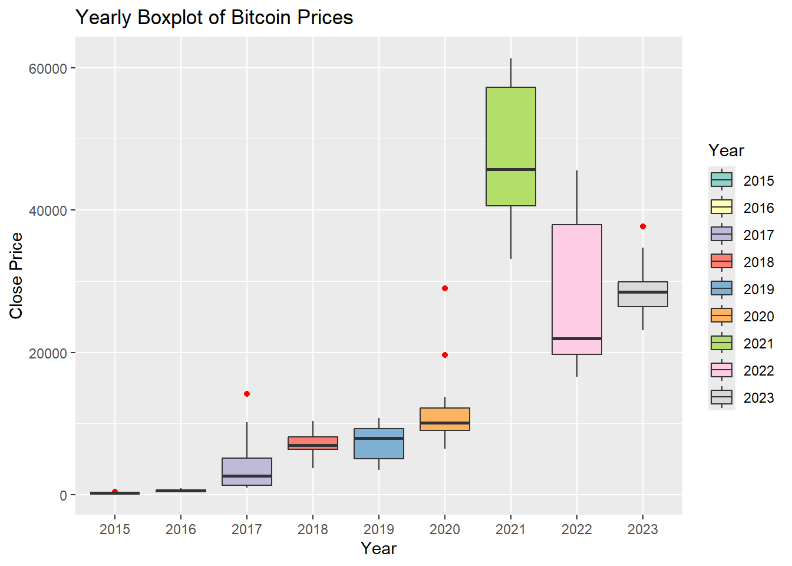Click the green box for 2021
click(510, 130)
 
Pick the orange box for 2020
click(444, 415)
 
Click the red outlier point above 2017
click(247, 394)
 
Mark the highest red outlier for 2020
click(445, 288)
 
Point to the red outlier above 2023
click(643, 226)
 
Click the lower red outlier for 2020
click(445, 355)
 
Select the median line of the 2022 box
click(576, 338)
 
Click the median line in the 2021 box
click(510, 169)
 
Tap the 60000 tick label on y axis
click(48, 68)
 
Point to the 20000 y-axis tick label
click(48, 353)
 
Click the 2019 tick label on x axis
click(378, 529)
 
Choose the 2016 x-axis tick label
click(180, 529)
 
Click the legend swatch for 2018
click(721, 261)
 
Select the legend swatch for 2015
click(721, 180)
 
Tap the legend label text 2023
click(758, 398)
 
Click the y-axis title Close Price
click(16, 276)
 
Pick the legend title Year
click(726, 151)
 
